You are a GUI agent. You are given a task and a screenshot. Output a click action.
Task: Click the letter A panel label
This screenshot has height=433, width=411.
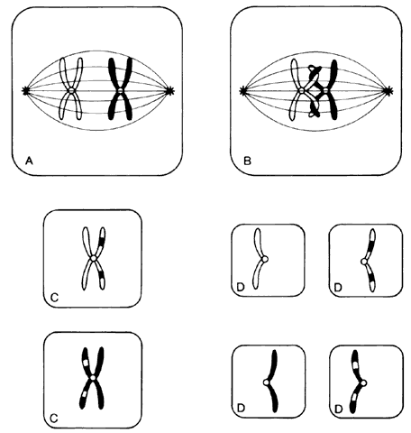point(29,161)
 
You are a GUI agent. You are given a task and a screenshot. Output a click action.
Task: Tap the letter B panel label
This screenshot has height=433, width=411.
point(247,161)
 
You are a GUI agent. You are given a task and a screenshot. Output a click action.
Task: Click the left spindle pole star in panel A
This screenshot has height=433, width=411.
point(25,90)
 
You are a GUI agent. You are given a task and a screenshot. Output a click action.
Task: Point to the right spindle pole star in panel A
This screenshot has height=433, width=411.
point(170,90)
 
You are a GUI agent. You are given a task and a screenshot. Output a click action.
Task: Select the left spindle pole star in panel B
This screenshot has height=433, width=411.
point(243,90)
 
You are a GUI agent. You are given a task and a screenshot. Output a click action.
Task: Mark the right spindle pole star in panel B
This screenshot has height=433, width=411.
point(389,90)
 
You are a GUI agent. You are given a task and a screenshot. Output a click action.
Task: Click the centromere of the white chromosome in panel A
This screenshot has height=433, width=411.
point(71,90)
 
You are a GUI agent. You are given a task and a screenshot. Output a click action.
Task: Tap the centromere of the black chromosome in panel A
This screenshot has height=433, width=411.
point(120,90)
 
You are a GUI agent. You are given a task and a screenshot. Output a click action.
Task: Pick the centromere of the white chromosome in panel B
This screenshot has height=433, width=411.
point(301,90)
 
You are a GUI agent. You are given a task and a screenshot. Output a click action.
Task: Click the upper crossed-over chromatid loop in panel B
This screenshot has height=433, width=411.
point(315,73)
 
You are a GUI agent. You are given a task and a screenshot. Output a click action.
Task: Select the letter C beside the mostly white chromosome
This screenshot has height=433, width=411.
point(54,298)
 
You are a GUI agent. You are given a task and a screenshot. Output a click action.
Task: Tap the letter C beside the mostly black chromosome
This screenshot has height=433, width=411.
point(54,419)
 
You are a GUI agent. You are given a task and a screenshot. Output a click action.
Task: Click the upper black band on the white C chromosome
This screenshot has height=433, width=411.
point(102,242)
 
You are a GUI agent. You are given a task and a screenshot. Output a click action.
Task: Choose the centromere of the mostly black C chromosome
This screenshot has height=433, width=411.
point(93,377)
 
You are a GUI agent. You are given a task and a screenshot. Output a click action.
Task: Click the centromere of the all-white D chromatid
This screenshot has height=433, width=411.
point(264,259)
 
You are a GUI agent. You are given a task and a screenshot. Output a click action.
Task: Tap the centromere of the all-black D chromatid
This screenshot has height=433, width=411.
point(266,382)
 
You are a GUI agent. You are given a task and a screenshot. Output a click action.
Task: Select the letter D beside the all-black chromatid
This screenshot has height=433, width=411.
point(241,408)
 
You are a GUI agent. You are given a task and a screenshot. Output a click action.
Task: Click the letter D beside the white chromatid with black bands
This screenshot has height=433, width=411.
point(338,288)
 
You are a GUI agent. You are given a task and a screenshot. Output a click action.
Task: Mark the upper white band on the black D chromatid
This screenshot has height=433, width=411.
point(356,365)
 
